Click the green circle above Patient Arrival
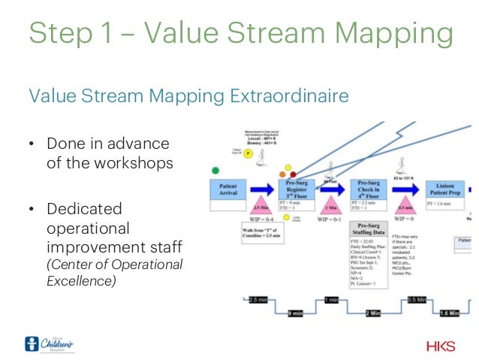215,171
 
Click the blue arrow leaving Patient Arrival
261,188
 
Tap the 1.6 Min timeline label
448,313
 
